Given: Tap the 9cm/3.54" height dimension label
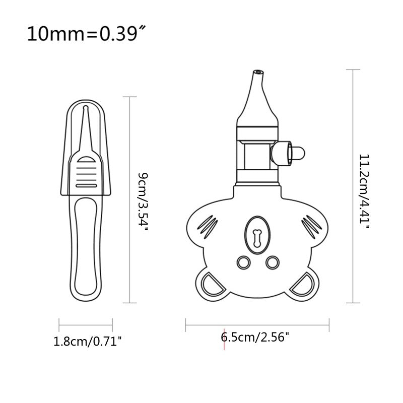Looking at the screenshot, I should pyautogui.click(x=144, y=201).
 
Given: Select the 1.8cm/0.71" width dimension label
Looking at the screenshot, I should pyautogui.click(x=88, y=342).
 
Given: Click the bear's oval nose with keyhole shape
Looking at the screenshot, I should pyautogui.click(x=257, y=234).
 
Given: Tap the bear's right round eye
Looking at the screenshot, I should pyautogui.click(x=272, y=261).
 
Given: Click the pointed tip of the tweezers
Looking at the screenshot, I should pyautogui.click(x=85, y=109).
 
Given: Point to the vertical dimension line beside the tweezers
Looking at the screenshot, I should pyautogui.click(x=130, y=201).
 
